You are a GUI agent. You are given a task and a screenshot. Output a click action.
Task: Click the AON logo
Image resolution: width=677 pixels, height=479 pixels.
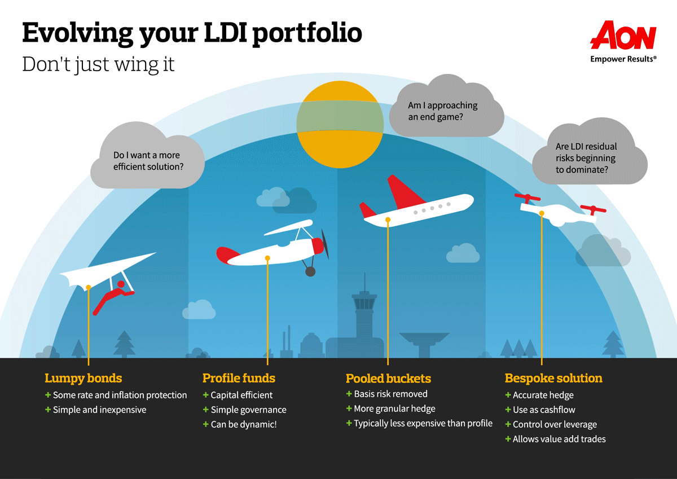click(623, 37)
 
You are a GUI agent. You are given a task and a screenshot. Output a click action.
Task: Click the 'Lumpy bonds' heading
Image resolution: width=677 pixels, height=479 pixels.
click(83, 378)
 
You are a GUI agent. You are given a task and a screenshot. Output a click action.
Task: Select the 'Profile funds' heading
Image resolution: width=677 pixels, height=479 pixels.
click(239, 378)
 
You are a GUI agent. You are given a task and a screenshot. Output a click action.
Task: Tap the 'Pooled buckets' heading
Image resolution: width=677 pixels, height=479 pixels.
click(388, 378)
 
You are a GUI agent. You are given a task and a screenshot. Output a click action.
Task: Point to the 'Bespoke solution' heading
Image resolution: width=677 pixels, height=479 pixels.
click(553, 378)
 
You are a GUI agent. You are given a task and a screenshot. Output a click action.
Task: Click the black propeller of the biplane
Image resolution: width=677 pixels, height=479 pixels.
click(324, 244)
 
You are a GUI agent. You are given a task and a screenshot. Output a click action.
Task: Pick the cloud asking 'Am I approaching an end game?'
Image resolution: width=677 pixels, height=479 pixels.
click(446, 110)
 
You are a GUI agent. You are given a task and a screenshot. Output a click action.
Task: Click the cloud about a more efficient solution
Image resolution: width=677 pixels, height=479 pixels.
click(147, 161)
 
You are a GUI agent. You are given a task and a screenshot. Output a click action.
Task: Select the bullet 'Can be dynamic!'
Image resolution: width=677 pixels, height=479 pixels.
click(243, 424)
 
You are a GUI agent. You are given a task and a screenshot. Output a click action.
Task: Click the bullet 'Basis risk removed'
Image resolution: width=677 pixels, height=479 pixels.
click(390, 394)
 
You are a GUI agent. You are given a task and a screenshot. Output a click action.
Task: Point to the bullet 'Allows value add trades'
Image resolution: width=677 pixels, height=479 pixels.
click(559, 439)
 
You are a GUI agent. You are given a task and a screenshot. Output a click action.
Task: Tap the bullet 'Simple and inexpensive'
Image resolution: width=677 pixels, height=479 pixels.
click(99, 410)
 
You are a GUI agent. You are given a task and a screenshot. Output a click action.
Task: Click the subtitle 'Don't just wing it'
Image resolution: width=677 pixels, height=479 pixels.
click(98, 64)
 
